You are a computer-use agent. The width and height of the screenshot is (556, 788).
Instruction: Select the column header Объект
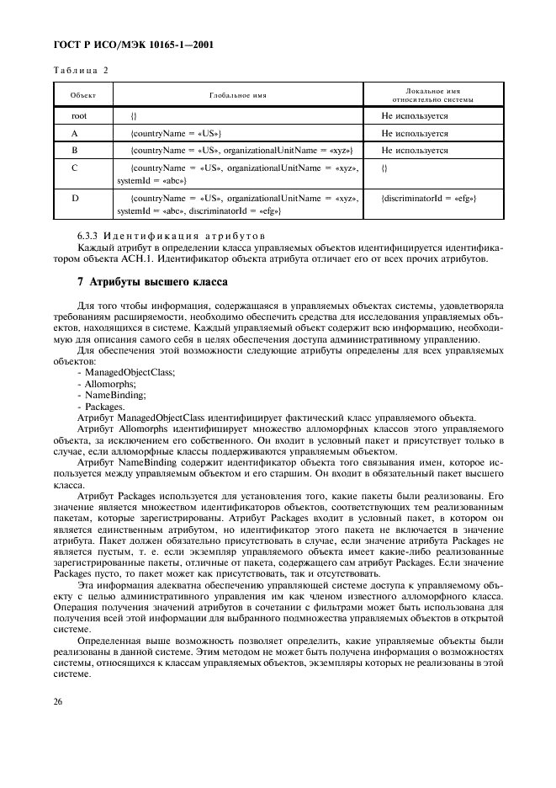(x=82, y=95)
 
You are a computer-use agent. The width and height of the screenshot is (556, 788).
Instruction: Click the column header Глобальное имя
(x=238, y=95)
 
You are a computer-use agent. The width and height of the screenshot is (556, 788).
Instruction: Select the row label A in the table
(x=75, y=133)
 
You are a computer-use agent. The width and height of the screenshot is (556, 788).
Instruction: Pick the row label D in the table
(x=75, y=198)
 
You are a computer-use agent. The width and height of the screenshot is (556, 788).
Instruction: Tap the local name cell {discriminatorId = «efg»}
(x=429, y=198)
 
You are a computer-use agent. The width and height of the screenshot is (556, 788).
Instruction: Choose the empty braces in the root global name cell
(x=134, y=115)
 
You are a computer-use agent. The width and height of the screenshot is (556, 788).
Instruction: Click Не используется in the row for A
(x=414, y=133)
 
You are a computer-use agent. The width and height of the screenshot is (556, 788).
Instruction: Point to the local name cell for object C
(x=384, y=168)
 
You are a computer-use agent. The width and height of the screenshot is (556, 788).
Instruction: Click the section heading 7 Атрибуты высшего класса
(x=144, y=279)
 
